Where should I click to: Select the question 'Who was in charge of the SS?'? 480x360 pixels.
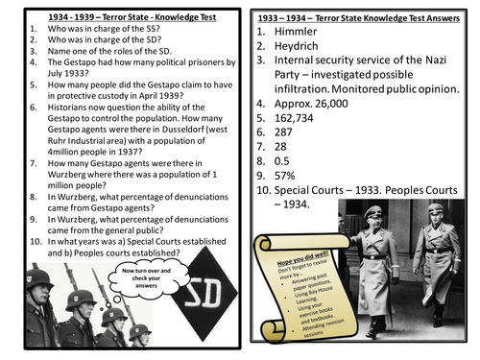click(82, 21)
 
